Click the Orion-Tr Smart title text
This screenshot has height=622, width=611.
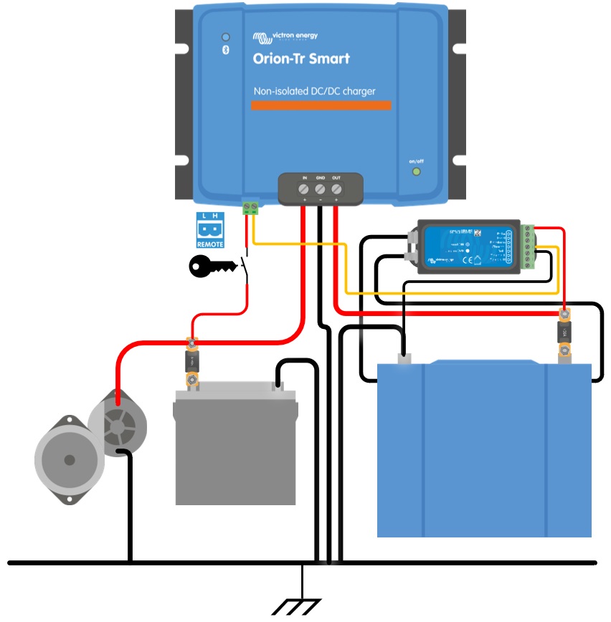coord(301,59)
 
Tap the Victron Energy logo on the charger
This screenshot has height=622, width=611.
coord(285,37)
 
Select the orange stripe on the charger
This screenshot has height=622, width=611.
coord(321,105)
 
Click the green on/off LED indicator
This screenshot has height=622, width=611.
coord(416,172)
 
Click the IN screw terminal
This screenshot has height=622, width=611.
coord(304,189)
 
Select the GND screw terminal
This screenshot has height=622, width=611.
coord(321,189)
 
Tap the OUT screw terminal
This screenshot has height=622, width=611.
coord(336,189)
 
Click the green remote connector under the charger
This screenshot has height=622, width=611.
coord(251,208)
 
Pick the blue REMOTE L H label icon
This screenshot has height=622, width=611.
coord(210,230)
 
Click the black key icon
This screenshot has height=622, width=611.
coord(212,267)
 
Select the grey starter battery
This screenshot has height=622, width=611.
coord(235,451)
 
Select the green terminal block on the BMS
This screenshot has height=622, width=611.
coord(528,248)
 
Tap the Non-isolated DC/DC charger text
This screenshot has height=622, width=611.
coord(315,91)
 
